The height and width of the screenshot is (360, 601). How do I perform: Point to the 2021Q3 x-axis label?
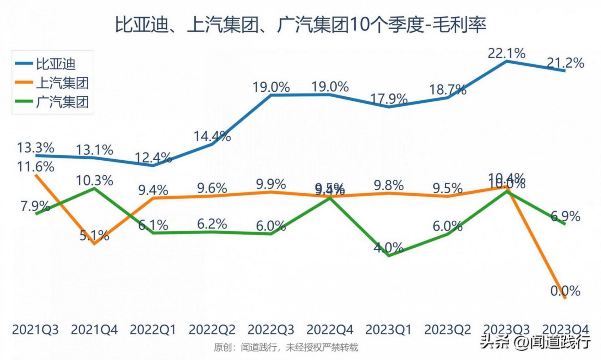(35, 330)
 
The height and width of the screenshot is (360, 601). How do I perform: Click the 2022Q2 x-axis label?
(212, 330)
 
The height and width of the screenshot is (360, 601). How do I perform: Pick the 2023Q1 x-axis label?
(388, 330)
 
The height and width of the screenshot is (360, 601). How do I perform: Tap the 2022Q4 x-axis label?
(330, 330)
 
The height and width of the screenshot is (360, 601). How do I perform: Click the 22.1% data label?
(506, 53)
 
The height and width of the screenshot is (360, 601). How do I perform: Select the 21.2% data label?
(565, 63)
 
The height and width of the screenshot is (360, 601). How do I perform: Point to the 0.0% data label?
(565, 291)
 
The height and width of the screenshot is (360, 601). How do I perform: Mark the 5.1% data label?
(94, 235)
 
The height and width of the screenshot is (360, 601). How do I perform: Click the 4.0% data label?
(388, 248)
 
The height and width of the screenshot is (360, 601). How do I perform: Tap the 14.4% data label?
(212, 136)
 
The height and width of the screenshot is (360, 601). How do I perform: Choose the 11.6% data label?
(36, 166)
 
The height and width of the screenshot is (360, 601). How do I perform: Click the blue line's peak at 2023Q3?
(507, 61)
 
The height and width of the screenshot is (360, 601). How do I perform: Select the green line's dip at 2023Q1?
(388, 256)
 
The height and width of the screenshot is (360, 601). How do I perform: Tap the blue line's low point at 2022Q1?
(153, 165)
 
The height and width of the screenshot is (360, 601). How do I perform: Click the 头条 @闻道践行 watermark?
(535, 342)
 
